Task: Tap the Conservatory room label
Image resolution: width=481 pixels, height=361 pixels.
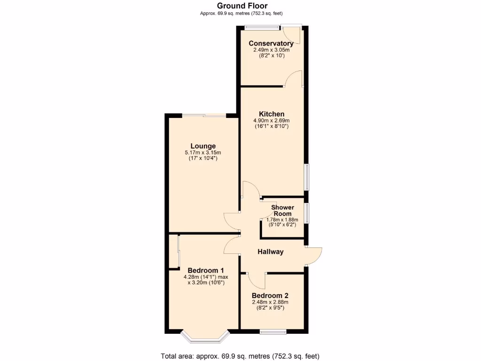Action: point(271,43)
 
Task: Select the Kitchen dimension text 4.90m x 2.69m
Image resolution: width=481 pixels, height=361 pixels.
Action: point(271,120)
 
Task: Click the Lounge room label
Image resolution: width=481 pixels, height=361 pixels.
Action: point(203,146)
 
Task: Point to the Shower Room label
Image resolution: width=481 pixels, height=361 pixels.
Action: point(282,210)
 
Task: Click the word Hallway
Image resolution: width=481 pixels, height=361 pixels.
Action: point(271,251)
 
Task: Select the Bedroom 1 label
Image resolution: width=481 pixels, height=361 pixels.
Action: point(206,270)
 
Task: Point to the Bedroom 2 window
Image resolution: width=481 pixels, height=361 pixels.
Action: point(273,332)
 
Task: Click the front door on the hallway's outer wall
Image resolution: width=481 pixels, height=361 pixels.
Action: point(314,255)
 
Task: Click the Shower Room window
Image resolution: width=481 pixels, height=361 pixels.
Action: point(306,213)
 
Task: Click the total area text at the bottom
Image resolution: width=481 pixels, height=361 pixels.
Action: point(240,356)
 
